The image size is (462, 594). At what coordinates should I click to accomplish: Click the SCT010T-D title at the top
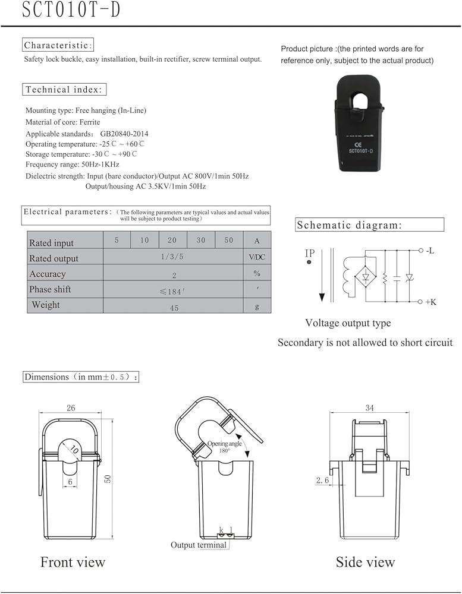pyautogui.click(x=71, y=11)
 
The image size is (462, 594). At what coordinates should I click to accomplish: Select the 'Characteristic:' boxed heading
pyautogui.click(x=58, y=45)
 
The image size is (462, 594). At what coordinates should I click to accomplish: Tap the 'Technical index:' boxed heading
pyautogui.click(x=65, y=90)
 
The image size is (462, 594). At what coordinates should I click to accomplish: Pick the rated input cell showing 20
pyautogui.click(x=172, y=240)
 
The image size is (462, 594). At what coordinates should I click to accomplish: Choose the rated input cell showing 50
pyautogui.click(x=229, y=240)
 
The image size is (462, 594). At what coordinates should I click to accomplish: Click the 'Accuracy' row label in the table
pyautogui.click(x=48, y=274)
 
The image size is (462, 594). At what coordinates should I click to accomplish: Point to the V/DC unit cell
pyautogui.click(x=257, y=258)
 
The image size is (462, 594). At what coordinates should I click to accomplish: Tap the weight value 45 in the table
pyautogui.click(x=173, y=308)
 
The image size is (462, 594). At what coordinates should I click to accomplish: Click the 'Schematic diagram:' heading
pyautogui.click(x=349, y=225)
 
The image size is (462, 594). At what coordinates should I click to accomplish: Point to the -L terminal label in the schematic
pyautogui.click(x=430, y=251)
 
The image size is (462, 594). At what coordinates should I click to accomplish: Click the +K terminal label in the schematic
pyautogui.click(x=430, y=302)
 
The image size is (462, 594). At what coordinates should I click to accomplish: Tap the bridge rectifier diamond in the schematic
pyautogui.click(x=366, y=277)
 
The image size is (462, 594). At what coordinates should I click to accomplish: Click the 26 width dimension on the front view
pyautogui.click(x=71, y=408)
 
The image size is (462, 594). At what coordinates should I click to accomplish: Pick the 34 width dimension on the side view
pyautogui.click(x=370, y=408)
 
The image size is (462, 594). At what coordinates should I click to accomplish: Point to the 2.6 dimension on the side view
pyautogui.click(x=323, y=480)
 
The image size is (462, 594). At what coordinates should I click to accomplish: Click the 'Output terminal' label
pyautogui.click(x=199, y=545)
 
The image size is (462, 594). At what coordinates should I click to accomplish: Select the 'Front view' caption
pyautogui.click(x=73, y=562)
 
